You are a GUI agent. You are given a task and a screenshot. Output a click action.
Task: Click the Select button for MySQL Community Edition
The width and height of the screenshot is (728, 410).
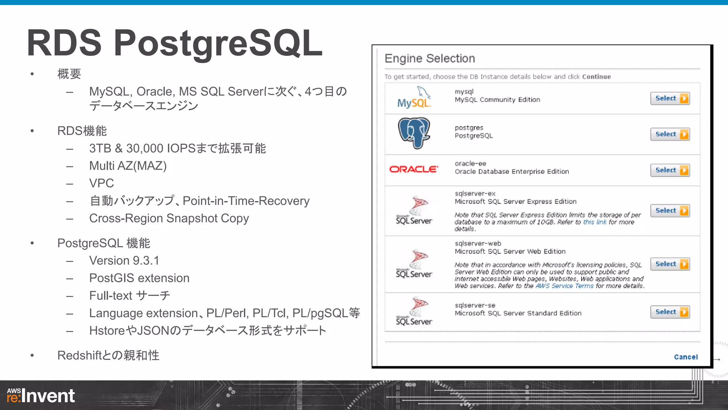pyautogui.click(x=670, y=98)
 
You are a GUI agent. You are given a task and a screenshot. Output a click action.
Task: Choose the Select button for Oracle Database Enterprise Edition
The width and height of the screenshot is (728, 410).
pyautogui.click(x=670, y=170)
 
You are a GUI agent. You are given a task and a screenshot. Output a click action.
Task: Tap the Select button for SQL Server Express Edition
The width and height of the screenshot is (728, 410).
pyautogui.click(x=670, y=211)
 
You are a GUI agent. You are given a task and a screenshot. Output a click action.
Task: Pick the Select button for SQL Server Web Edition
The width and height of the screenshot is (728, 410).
pyautogui.click(x=670, y=264)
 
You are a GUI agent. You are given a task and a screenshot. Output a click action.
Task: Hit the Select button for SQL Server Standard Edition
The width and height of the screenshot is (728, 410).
pyautogui.click(x=670, y=312)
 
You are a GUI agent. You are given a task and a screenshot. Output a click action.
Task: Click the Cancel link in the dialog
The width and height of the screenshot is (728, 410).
pyautogui.click(x=686, y=357)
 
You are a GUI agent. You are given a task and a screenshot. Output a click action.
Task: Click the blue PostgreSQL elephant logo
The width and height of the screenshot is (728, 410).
pyautogui.click(x=414, y=133)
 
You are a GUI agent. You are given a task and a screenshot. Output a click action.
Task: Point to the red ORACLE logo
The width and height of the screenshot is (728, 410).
pyautogui.click(x=414, y=169)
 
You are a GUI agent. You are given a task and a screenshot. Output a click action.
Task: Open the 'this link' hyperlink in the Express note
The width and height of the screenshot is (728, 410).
pyautogui.click(x=595, y=222)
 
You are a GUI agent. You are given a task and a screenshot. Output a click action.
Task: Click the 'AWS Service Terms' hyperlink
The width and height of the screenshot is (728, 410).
pyautogui.click(x=564, y=286)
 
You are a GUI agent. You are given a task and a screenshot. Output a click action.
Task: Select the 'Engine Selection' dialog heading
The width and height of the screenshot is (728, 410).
pyautogui.click(x=430, y=58)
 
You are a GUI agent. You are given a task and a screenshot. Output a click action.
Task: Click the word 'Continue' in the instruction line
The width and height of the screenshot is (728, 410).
pyautogui.click(x=596, y=77)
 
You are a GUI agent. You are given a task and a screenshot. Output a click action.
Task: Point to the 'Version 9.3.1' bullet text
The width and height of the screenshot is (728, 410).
pyautogui.click(x=124, y=261)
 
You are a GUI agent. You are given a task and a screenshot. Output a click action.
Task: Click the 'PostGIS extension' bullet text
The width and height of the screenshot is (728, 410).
pyautogui.click(x=139, y=278)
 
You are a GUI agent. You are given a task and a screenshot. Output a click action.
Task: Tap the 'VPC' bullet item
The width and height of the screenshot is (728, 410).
pyautogui.click(x=102, y=183)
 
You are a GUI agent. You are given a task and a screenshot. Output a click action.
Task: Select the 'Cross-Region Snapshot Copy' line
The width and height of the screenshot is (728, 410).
pyautogui.click(x=169, y=218)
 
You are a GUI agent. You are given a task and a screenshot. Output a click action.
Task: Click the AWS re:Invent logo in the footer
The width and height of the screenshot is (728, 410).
pyautogui.click(x=41, y=396)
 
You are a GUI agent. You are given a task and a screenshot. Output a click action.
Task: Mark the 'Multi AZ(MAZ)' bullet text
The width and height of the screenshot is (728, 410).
pyautogui.click(x=128, y=166)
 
